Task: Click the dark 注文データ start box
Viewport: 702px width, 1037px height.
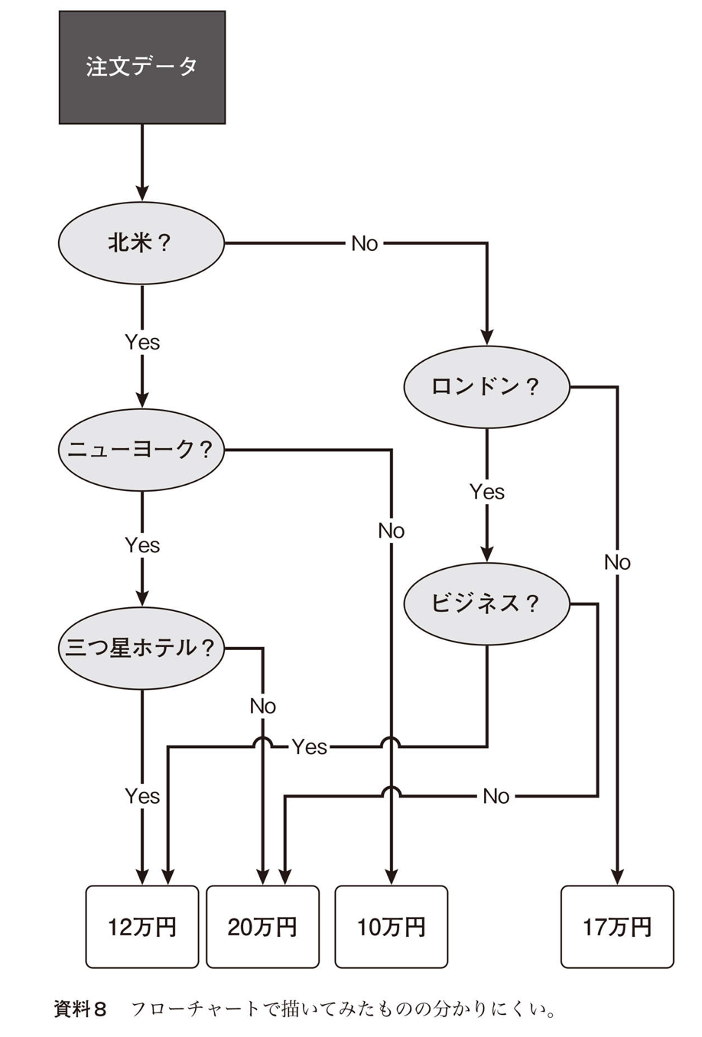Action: [x=142, y=67]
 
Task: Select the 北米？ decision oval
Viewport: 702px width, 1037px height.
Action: [x=141, y=243]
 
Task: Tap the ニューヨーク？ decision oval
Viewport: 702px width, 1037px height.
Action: [x=141, y=449]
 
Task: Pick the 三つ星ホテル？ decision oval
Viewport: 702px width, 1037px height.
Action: [x=141, y=648]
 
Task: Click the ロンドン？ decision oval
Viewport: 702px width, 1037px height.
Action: [x=486, y=386]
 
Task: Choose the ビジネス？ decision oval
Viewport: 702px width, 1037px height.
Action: [x=486, y=603]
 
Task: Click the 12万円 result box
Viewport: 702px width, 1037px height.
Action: [x=142, y=927]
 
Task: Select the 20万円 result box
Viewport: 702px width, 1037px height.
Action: [x=262, y=927]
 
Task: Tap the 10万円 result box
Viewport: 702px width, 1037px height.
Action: [x=391, y=927]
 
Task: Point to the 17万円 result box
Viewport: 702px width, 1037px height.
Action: [x=617, y=927]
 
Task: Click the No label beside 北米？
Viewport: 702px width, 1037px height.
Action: [x=365, y=244]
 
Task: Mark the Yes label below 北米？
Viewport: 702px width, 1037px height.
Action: [x=142, y=342]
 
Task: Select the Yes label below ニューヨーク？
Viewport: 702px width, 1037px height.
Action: [x=142, y=545]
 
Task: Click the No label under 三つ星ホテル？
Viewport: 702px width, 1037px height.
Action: [x=262, y=706]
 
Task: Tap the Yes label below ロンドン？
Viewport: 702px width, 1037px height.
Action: [x=487, y=492]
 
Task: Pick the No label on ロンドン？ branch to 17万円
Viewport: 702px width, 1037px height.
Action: [x=617, y=563]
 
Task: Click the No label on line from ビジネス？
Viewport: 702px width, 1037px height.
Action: [x=496, y=797]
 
